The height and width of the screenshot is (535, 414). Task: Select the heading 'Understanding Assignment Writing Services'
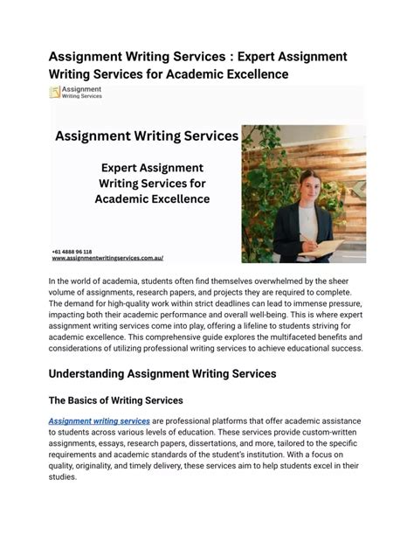[x=162, y=373]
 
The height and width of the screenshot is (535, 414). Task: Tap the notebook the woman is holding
[x=323, y=248]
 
